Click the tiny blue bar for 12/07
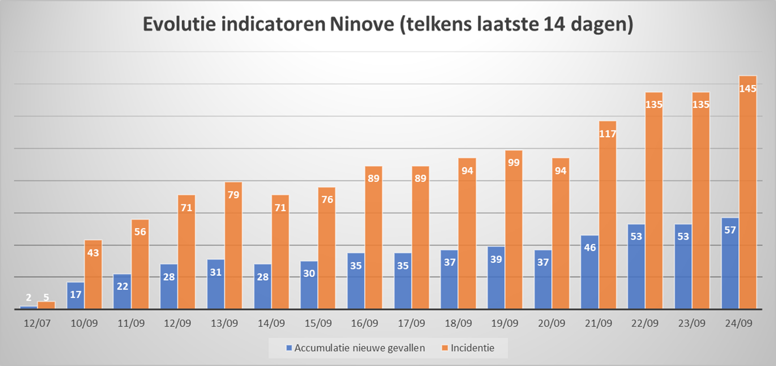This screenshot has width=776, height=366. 28,307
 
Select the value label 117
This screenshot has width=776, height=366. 607,134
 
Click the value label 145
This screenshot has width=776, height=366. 748,89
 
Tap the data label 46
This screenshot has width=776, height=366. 590,247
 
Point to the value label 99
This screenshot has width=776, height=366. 514,163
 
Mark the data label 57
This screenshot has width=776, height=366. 730,230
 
